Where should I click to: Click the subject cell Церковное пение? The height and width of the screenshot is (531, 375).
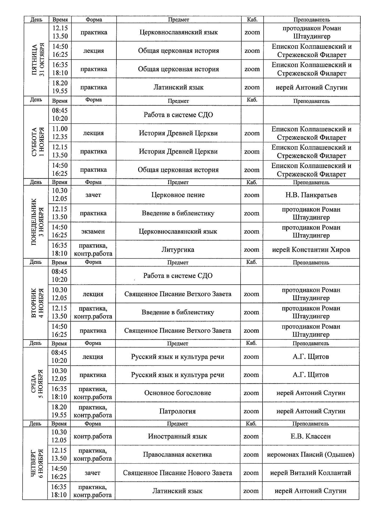click(178, 195)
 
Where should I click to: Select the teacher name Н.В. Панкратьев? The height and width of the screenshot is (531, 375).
click(311, 195)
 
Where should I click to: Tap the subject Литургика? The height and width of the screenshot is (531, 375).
click(178, 250)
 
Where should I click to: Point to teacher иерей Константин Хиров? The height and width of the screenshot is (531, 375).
click(311, 250)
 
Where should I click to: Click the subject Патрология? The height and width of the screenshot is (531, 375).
click(177, 411)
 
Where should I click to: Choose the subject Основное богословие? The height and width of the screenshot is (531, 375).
click(177, 393)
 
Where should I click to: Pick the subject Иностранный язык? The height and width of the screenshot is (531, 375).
click(177, 436)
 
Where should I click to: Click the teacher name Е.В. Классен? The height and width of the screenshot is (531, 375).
click(311, 436)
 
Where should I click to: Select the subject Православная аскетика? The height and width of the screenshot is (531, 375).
click(177, 455)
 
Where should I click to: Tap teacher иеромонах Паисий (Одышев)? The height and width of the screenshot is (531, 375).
click(311, 455)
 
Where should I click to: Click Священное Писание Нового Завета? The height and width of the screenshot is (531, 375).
click(177, 473)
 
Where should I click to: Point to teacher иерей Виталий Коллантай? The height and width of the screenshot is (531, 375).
click(311, 473)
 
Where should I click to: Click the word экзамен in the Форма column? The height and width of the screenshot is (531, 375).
click(93, 232)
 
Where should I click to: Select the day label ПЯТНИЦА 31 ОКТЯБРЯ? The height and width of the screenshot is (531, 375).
click(38, 60)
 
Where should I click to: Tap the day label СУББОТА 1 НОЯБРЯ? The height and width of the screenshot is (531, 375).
click(38, 142)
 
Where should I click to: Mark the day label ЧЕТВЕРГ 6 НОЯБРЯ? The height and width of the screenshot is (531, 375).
click(37, 463)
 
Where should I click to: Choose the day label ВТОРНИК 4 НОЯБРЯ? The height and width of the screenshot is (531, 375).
click(37, 303)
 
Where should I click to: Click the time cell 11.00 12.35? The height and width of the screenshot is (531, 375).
click(60, 133)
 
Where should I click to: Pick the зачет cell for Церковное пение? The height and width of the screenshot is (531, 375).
click(93, 195)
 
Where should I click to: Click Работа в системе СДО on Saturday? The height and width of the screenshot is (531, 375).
click(178, 115)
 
